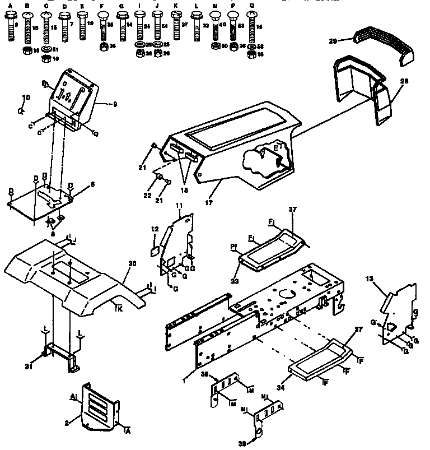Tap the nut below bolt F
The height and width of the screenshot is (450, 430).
[103, 47]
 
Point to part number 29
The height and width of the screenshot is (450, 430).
[348, 40]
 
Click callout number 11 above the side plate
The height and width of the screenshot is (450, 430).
[179, 207]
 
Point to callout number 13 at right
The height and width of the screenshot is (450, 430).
[369, 279]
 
